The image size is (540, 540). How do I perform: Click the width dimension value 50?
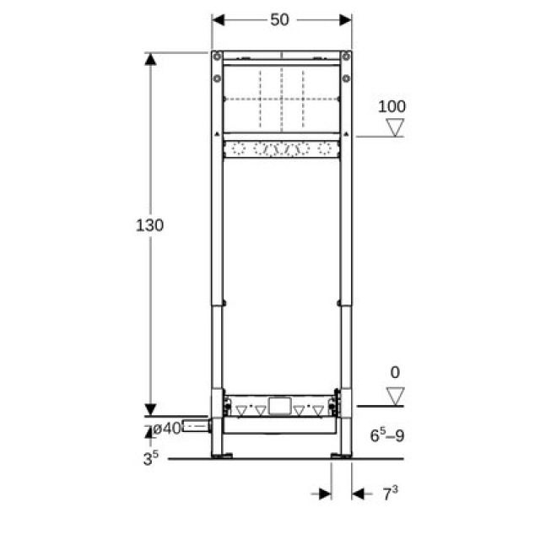(x=280, y=19)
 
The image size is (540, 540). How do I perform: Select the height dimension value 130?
(x=149, y=225)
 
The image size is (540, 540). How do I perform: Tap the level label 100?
(x=391, y=106)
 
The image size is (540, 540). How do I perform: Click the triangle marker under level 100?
(x=394, y=127)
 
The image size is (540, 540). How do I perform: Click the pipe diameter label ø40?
(x=167, y=428)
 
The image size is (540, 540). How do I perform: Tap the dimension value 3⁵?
(x=151, y=460)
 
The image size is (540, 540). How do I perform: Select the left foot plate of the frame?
(x=222, y=456)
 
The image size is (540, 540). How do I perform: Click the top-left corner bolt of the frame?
(x=218, y=57)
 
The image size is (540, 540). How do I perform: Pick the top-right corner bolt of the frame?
(x=345, y=57)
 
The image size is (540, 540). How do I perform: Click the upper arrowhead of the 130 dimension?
(x=150, y=59)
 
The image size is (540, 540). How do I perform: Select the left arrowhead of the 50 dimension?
(x=217, y=19)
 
